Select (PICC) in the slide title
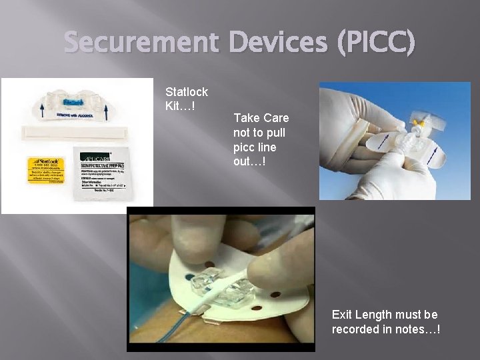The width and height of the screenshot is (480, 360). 377,43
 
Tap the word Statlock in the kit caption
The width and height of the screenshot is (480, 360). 187,92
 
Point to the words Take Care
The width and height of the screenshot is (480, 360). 261,118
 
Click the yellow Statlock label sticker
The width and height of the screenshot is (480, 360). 47,169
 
